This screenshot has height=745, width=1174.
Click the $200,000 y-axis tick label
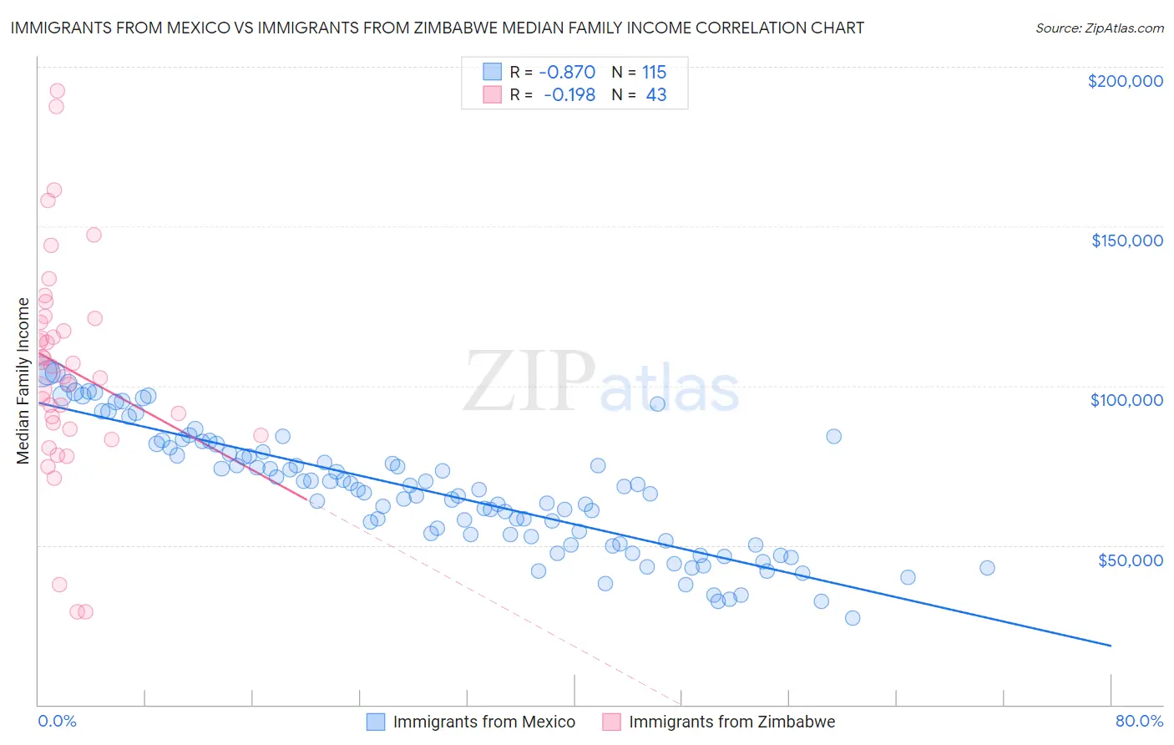click(1125, 81)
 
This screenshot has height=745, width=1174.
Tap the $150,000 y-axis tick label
click(1126, 241)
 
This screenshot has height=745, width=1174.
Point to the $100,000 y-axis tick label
click(1126, 400)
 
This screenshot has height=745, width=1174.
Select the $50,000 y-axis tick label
click(1130, 560)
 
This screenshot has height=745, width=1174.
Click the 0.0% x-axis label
click(57, 721)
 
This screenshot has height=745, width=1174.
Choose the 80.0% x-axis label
click(1139, 721)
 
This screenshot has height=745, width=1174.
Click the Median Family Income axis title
click(23, 381)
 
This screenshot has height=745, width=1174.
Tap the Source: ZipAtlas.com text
click(1099, 28)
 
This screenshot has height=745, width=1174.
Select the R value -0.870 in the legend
click(567, 72)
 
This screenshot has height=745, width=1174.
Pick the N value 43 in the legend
click(656, 95)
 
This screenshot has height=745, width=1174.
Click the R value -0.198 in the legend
click(569, 95)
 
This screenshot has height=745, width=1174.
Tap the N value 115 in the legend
click(654, 72)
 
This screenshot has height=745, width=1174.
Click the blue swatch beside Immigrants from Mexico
click(376, 722)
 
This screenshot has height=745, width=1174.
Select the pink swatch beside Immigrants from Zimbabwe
click(611, 722)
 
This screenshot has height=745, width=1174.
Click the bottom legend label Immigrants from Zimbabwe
click(731, 722)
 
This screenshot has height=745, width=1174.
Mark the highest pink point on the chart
click(57, 91)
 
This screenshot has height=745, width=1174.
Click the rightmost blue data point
click(987, 568)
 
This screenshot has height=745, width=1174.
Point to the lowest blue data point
click(853, 618)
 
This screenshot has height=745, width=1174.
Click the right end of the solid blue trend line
click(1111, 646)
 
